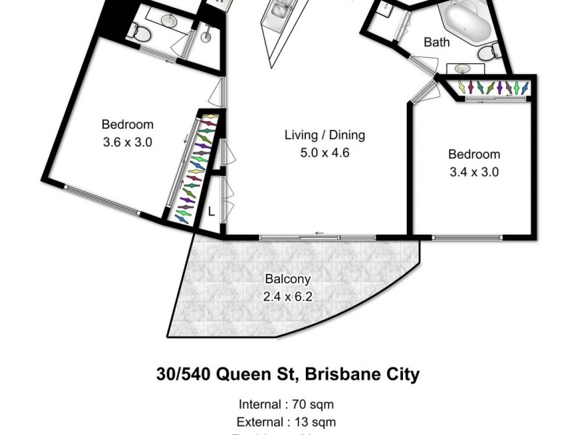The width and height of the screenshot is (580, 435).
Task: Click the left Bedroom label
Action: point(127,124)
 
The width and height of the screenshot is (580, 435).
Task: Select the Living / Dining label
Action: point(324,135)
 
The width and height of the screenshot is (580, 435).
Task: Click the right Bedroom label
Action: point(473,154)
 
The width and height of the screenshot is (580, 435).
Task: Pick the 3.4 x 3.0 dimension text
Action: point(473,172)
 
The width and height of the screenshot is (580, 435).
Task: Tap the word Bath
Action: point(436,42)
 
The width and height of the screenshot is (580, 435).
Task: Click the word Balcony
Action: point(288,278)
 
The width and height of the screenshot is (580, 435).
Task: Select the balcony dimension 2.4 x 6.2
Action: point(288,296)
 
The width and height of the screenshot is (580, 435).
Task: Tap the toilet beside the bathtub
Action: point(490,51)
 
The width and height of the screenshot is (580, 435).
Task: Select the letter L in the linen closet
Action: point(211,212)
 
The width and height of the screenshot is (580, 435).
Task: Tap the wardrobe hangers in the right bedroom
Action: point(492,87)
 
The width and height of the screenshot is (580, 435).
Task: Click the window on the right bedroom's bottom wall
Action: point(465,236)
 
